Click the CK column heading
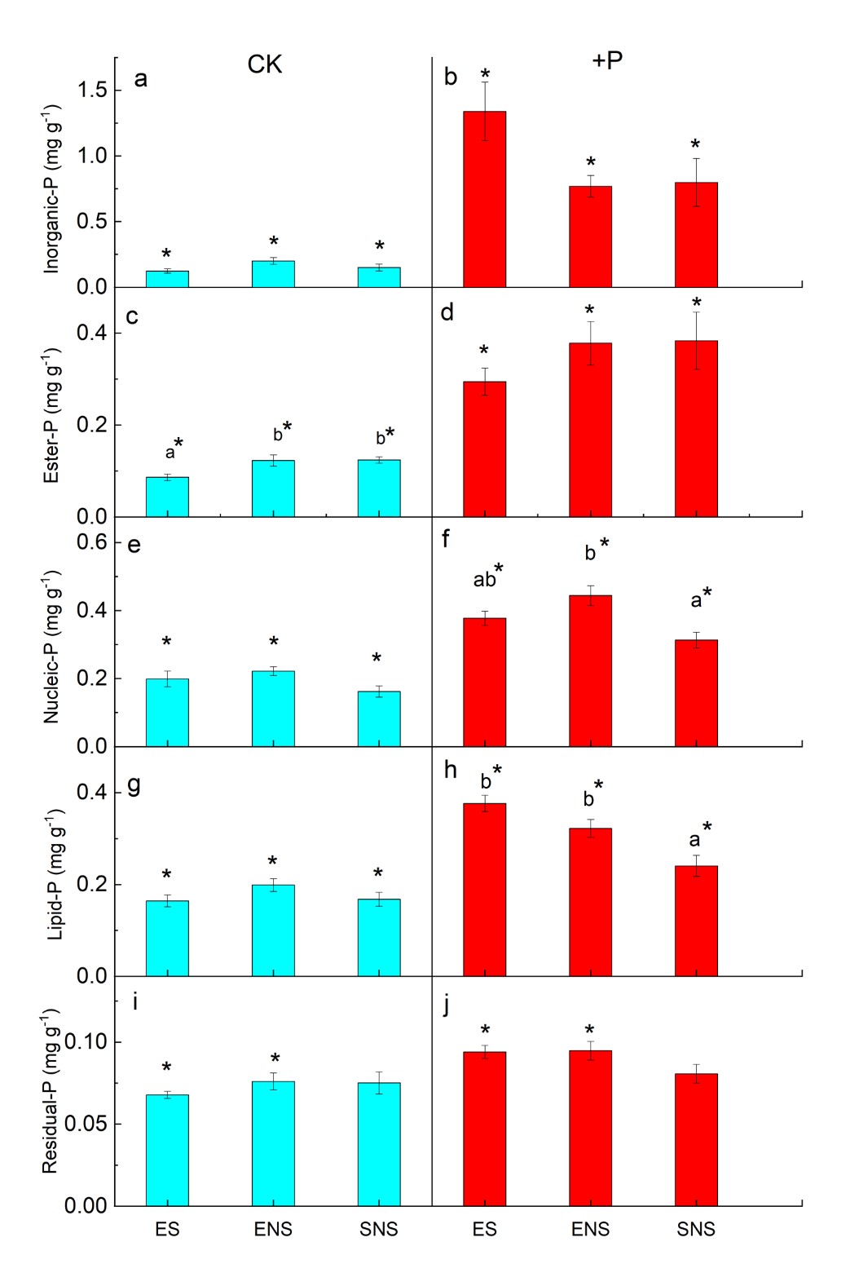265,65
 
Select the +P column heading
607,60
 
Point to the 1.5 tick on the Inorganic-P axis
93,90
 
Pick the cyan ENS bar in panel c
273,488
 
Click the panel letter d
447,312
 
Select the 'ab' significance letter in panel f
485,580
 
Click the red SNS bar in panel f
696,693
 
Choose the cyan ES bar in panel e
167,713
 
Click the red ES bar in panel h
484,889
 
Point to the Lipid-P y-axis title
54,874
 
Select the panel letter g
134,785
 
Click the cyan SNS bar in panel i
379,1144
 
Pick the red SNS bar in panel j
696,1139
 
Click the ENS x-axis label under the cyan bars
273,1229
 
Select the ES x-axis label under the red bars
484,1229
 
